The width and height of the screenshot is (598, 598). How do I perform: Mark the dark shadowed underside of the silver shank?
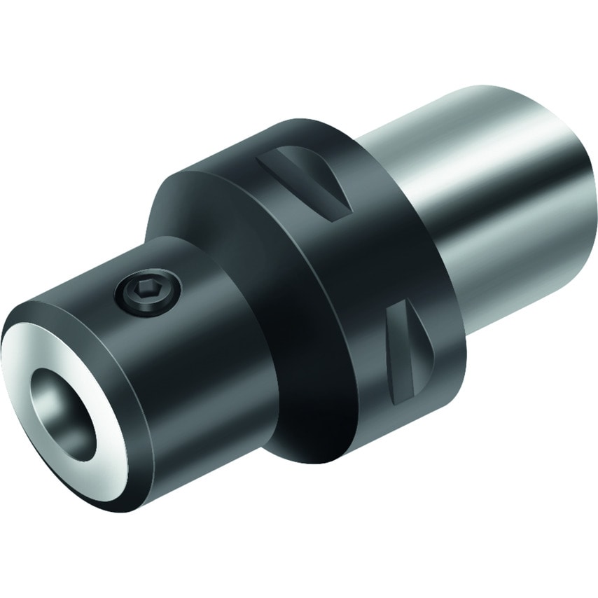pos(518,294)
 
